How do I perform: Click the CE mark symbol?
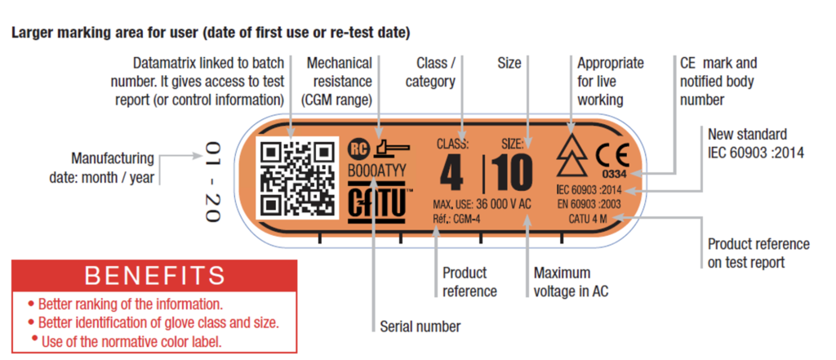pyautogui.click(x=612, y=156)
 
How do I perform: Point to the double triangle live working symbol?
pyautogui.click(x=571, y=154)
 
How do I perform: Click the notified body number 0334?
pyautogui.click(x=614, y=174)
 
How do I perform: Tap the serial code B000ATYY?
pyautogui.click(x=377, y=170)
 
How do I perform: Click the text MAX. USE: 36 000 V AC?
pyautogui.click(x=482, y=204)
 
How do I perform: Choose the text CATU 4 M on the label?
pyautogui.click(x=588, y=218)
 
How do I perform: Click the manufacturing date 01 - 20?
pyautogui.click(x=213, y=182)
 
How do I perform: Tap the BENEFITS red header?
pyautogui.click(x=154, y=276)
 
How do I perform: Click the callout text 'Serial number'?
pyautogui.click(x=420, y=326)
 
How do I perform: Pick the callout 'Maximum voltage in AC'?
pyautogui.click(x=571, y=282)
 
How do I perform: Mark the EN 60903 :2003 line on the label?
pyautogui.click(x=588, y=203)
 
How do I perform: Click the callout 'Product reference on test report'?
pyautogui.click(x=758, y=253)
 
